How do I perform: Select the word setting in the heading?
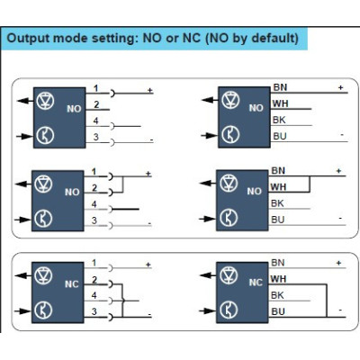(x=114, y=40)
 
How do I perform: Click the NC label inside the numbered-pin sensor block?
(x=71, y=284)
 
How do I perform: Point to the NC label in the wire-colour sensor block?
(x=256, y=283)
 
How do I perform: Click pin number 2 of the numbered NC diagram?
(x=94, y=280)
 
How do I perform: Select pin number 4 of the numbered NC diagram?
(x=94, y=295)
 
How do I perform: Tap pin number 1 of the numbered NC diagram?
(x=94, y=263)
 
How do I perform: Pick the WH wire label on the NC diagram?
(x=278, y=279)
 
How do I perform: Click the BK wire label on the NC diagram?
(x=277, y=295)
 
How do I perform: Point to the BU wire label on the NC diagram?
(x=278, y=311)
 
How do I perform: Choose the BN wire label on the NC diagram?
(x=278, y=263)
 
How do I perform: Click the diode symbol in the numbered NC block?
(x=43, y=275)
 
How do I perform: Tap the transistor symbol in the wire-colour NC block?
(x=229, y=310)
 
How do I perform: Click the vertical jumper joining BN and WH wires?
(x=310, y=184)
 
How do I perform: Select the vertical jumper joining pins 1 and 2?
(x=122, y=184)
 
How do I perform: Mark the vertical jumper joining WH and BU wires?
(x=327, y=301)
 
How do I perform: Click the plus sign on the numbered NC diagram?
(x=148, y=265)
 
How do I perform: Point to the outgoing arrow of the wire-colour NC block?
(x=208, y=274)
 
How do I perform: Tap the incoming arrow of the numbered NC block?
(x=22, y=311)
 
